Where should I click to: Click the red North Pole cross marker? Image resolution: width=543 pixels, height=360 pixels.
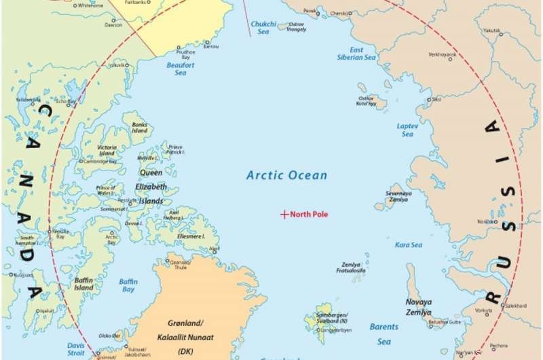(x=284, y=215)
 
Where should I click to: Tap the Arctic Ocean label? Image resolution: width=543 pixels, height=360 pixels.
(x=286, y=175)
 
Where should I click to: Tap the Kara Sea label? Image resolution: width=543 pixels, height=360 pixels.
(x=409, y=245)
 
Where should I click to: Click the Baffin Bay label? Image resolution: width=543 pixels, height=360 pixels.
(x=128, y=285)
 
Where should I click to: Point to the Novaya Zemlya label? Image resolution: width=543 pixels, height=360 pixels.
(x=418, y=307)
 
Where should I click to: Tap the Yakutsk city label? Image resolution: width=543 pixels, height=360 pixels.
(x=491, y=31)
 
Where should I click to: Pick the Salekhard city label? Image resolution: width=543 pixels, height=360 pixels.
(x=516, y=306)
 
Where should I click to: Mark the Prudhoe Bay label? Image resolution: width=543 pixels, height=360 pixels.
(x=185, y=54)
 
